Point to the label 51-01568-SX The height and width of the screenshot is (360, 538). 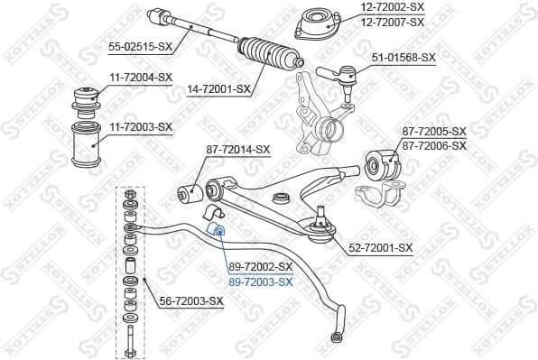(403, 57)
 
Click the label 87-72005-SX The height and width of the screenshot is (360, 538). (434, 131)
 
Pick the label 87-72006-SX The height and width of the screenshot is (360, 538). (434, 144)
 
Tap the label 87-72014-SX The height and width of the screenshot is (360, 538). (237, 149)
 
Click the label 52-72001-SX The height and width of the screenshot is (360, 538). (380, 247)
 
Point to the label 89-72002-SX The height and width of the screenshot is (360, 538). (261, 267)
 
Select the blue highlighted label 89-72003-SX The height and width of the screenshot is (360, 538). (261, 282)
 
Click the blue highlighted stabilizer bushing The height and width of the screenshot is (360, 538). (218, 233)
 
